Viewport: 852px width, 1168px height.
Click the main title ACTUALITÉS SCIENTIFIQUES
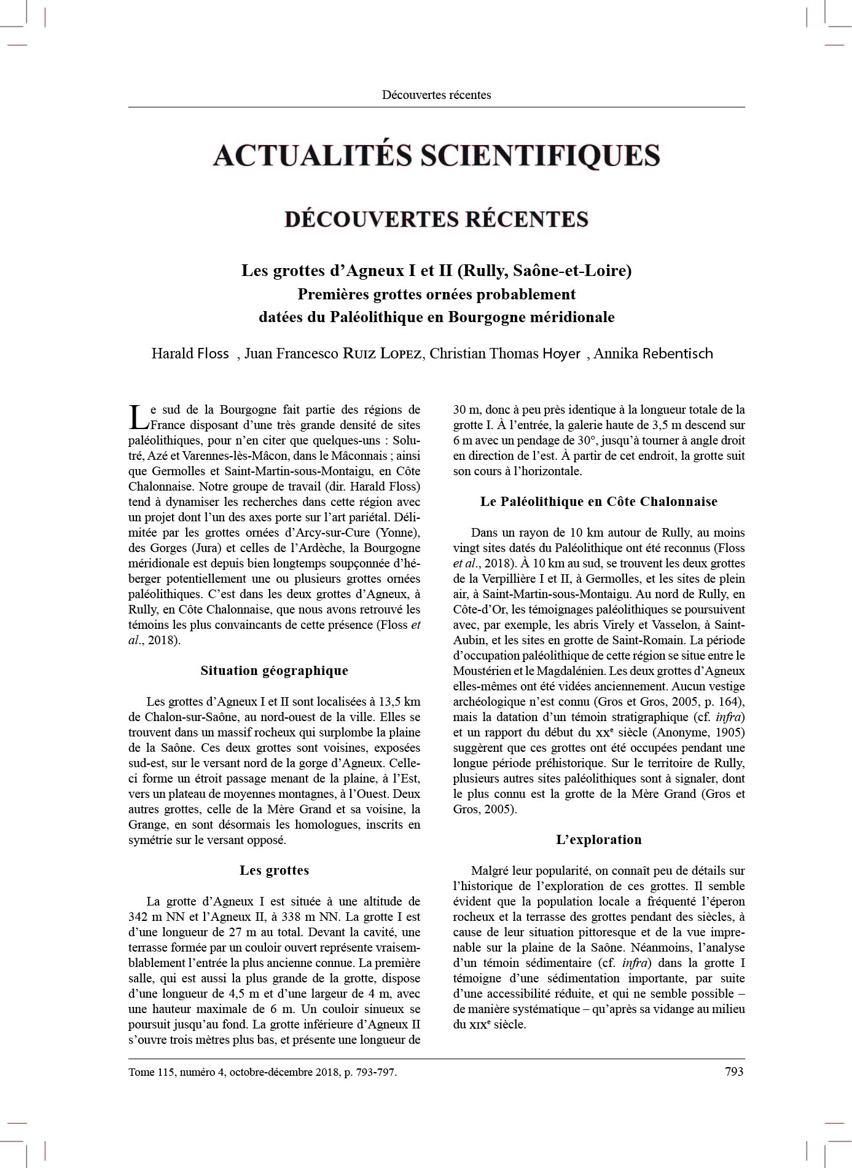point(436,155)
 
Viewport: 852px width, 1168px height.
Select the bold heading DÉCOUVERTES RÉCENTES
point(436,219)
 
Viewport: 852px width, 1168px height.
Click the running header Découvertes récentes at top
point(436,95)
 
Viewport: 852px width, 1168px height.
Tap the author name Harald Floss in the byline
point(190,353)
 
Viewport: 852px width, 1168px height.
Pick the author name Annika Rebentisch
point(654,353)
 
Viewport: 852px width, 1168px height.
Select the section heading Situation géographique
point(274,671)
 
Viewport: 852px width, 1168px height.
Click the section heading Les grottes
point(274,870)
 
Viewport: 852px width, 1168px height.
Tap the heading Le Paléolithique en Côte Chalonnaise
point(598,502)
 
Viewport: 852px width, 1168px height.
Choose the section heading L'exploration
point(598,840)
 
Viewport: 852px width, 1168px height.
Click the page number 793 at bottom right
point(734,1071)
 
